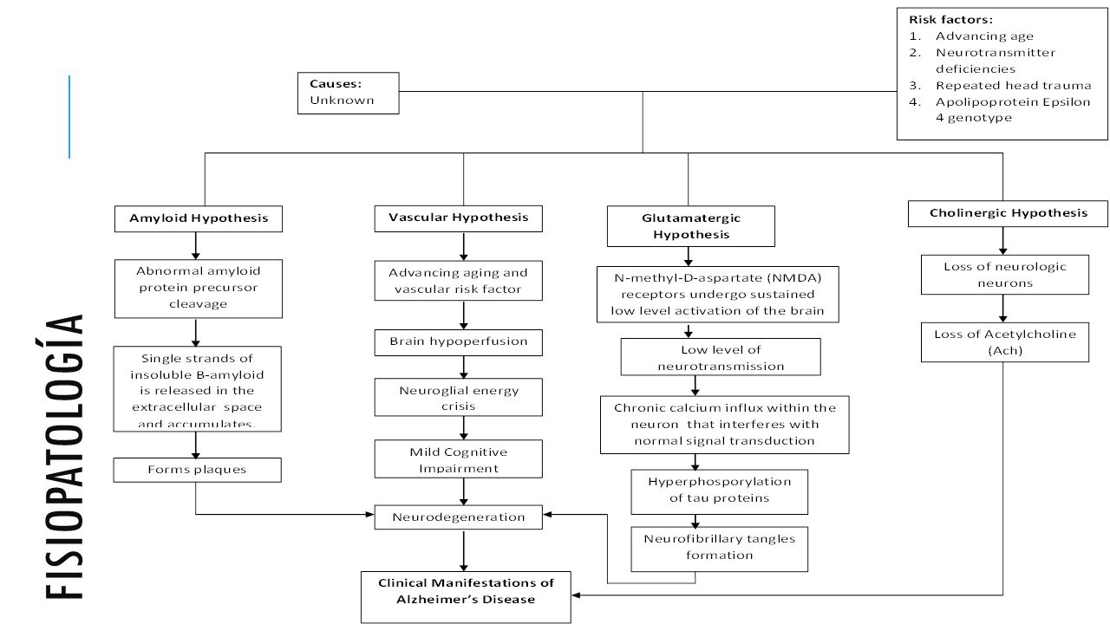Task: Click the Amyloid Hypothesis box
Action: (x=199, y=219)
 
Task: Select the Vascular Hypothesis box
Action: (x=459, y=218)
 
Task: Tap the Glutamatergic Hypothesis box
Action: (x=691, y=226)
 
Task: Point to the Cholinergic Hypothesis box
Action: (x=1008, y=213)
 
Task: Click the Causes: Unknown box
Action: (x=349, y=93)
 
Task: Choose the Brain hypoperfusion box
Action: (x=459, y=342)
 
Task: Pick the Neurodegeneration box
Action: (x=459, y=517)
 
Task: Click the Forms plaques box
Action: (x=197, y=470)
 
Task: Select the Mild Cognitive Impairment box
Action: (x=459, y=459)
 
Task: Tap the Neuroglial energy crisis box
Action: (x=459, y=397)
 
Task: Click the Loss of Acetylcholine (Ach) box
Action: (x=1005, y=342)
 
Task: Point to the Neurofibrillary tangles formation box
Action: (x=720, y=549)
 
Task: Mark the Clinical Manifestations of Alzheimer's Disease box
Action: (x=466, y=597)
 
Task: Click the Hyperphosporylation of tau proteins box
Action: (x=720, y=491)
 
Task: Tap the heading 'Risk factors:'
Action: (x=951, y=20)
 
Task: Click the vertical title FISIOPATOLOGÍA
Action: (x=63, y=457)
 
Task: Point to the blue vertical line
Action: (x=69, y=117)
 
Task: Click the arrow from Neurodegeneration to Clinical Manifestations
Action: (x=463, y=550)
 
